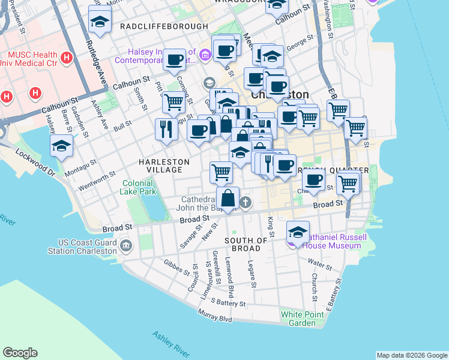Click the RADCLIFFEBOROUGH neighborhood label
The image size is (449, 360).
155,27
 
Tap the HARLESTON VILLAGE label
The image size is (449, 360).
164,166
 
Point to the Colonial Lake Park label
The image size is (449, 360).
139,187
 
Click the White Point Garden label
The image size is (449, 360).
298,319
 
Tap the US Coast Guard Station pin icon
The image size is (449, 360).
126,245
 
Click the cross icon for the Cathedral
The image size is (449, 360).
246,202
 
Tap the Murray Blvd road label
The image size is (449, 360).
217,316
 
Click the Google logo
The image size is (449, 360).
20,353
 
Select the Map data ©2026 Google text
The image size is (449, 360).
411,355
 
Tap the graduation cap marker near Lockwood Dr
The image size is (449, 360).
62,146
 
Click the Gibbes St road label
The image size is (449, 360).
175,266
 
